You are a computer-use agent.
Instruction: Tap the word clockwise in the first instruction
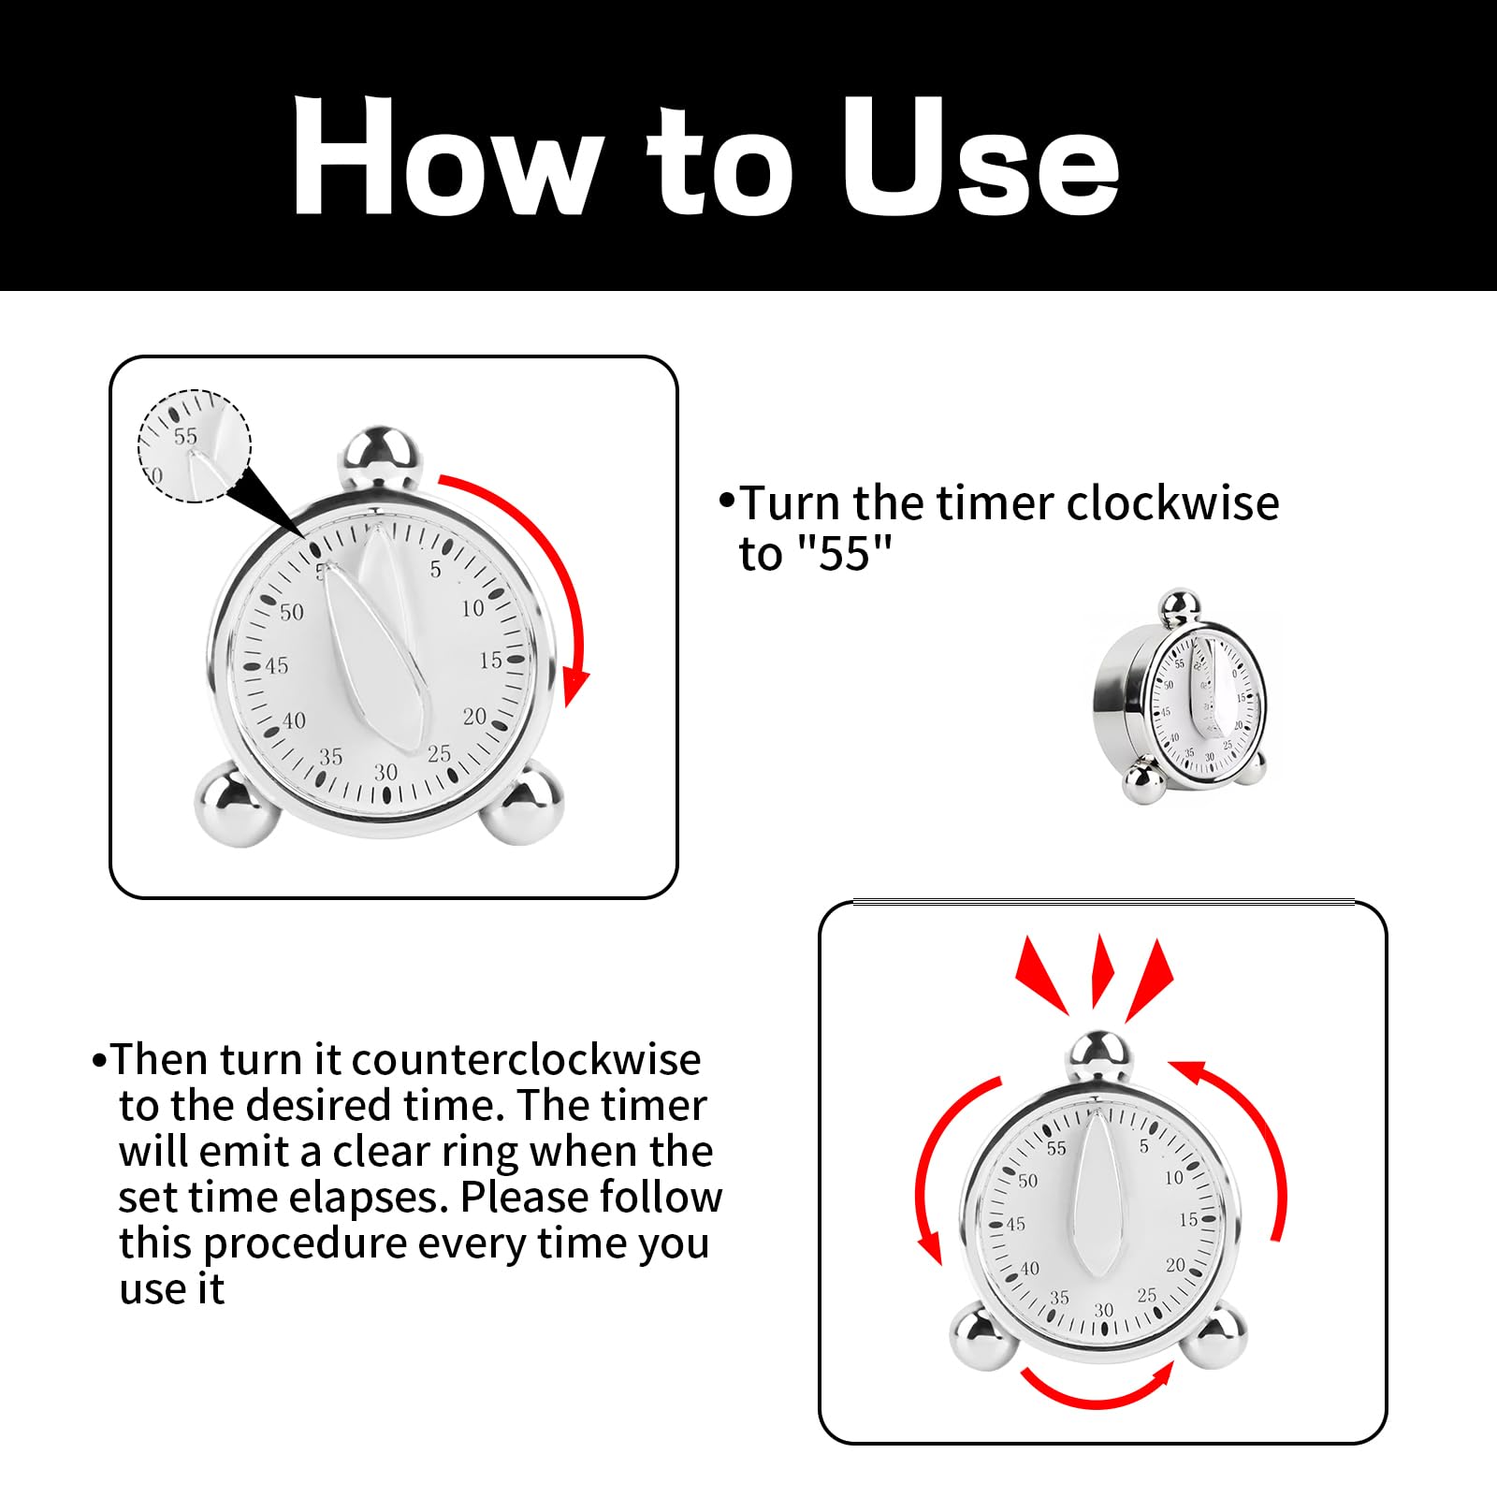click(x=1172, y=503)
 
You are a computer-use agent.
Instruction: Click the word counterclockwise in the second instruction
click(x=526, y=1060)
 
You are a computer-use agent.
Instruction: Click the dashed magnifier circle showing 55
click(x=195, y=445)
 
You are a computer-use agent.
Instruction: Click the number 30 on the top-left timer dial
click(x=385, y=772)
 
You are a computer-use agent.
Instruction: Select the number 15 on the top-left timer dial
click(x=491, y=661)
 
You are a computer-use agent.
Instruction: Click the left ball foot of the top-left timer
click(x=236, y=803)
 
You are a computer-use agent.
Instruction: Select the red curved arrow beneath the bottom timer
click(x=1097, y=1387)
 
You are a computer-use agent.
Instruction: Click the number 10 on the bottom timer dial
click(x=1173, y=1178)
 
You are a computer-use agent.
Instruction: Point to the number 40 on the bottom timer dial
click(x=1029, y=1269)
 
